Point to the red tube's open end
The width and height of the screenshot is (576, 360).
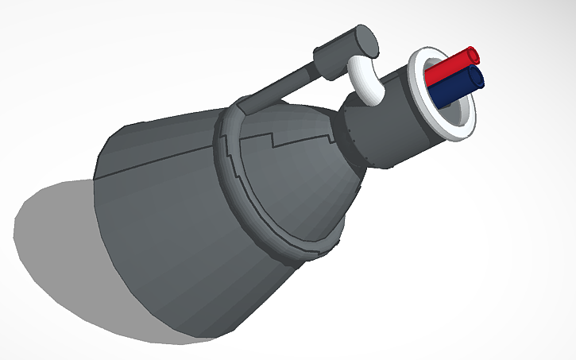pos(474,55)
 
